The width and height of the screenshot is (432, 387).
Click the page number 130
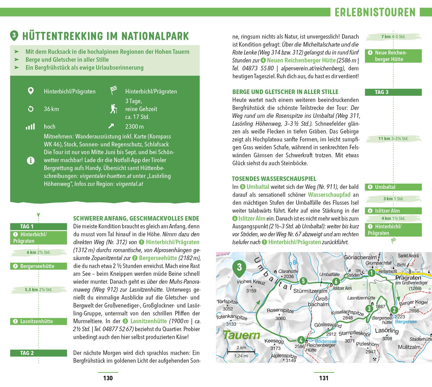click(x=108, y=378)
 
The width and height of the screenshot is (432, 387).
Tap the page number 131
click(x=324, y=378)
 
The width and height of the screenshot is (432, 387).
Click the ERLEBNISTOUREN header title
click(x=375, y=12)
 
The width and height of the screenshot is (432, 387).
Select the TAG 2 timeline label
click(x=27, y=353)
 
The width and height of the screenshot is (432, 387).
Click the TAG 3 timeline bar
click(x=393, y=92)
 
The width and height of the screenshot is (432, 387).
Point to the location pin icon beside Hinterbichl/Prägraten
click(x=30, y=91)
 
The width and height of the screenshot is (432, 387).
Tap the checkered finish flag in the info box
click(x=113, y=91)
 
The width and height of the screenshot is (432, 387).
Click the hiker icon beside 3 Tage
click(x=113, y=109)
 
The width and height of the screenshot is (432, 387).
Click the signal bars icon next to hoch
click(x=30, y=126)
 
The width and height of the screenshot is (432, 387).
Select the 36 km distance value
click(x=51, y=109)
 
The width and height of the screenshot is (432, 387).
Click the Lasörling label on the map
click(x=387, y=331)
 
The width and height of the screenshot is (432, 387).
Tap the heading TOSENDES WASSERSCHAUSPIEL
click(x=274, y=179)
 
